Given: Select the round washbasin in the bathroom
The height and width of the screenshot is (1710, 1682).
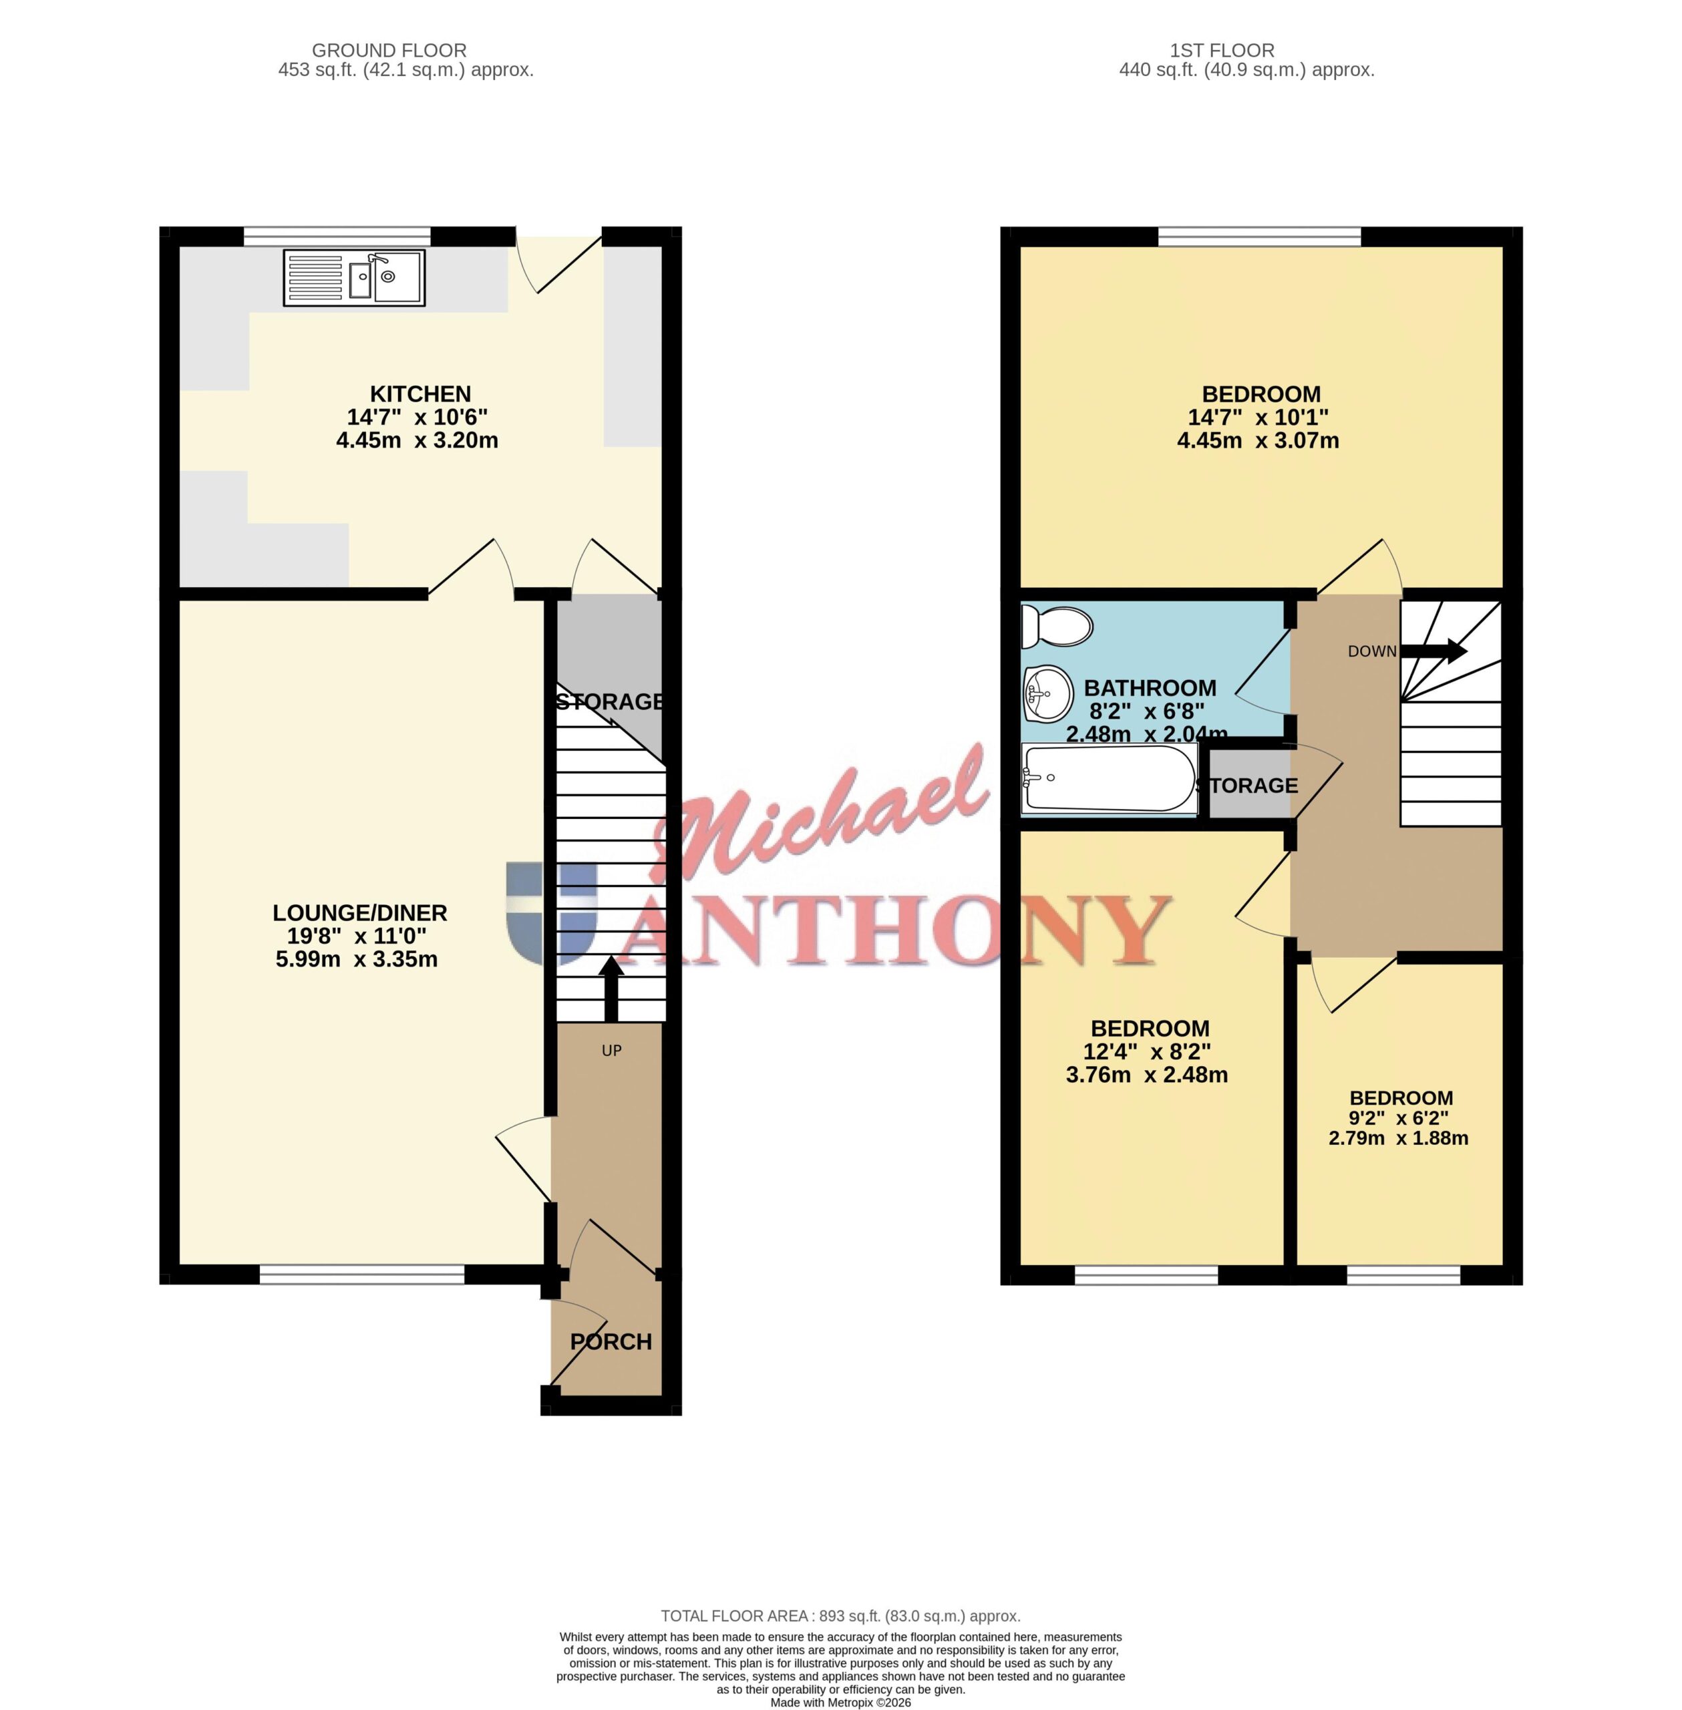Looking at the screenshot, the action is [1047, 693].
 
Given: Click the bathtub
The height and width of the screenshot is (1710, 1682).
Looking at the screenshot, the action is [1110, 778].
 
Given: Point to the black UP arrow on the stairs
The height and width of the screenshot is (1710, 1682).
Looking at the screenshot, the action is [611, 989].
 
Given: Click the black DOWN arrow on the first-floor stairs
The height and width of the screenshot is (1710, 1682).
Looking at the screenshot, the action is [1434, 652].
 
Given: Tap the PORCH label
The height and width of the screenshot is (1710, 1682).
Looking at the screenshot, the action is [611, 1342].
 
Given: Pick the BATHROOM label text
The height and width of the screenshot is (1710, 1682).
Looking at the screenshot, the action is [1150, 688].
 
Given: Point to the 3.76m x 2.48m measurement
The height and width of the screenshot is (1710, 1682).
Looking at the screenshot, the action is [1147, 1075].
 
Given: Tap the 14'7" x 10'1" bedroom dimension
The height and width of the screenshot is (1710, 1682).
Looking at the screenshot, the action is [1258, 417].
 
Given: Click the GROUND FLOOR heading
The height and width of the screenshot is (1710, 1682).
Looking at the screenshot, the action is [389, 50].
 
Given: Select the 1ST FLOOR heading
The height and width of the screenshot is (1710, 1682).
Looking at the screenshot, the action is [1222, 50].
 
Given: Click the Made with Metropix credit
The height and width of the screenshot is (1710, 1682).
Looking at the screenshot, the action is [840, 1702].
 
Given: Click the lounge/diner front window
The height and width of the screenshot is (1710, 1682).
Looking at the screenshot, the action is [362, 1274].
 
